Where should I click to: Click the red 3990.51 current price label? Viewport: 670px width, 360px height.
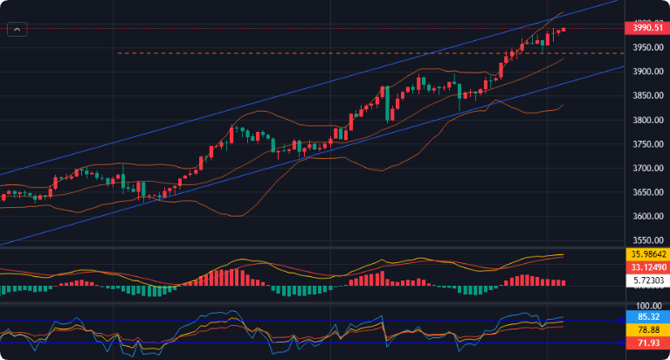(x=647, y=28)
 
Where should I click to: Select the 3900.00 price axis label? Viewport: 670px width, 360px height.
(x=647, y=72)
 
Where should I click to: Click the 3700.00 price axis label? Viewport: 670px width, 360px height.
(x=647, y=168)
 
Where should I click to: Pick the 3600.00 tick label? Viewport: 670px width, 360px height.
(x=647, y=216)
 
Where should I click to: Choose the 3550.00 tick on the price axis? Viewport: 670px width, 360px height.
(x=647, y=240)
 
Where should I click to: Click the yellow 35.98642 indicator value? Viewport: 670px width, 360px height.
(x=648, y=253)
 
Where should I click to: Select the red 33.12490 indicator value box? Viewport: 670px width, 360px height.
(x=648, y=267)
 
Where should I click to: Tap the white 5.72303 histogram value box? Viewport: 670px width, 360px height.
(x=648, y=281)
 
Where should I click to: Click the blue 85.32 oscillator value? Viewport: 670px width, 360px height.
(x=648, y=317)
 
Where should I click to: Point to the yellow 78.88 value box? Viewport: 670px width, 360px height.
(x=648, y=330)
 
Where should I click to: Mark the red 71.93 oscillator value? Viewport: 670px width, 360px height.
(x=648, y=344)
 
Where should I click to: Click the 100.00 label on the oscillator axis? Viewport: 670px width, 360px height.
(x=647, y=307)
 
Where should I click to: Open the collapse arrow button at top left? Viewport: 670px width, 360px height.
(x=17, y=29)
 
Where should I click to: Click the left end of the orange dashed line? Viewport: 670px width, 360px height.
(x=118, y=53)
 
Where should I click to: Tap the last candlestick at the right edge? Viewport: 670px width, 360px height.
(x=563, y=29)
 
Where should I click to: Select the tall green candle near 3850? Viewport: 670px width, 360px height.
(x=386, y=104)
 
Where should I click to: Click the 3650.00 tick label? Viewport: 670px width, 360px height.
(x=647, y=192)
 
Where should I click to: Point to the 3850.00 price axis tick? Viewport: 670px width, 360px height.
(x=647, y=96)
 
